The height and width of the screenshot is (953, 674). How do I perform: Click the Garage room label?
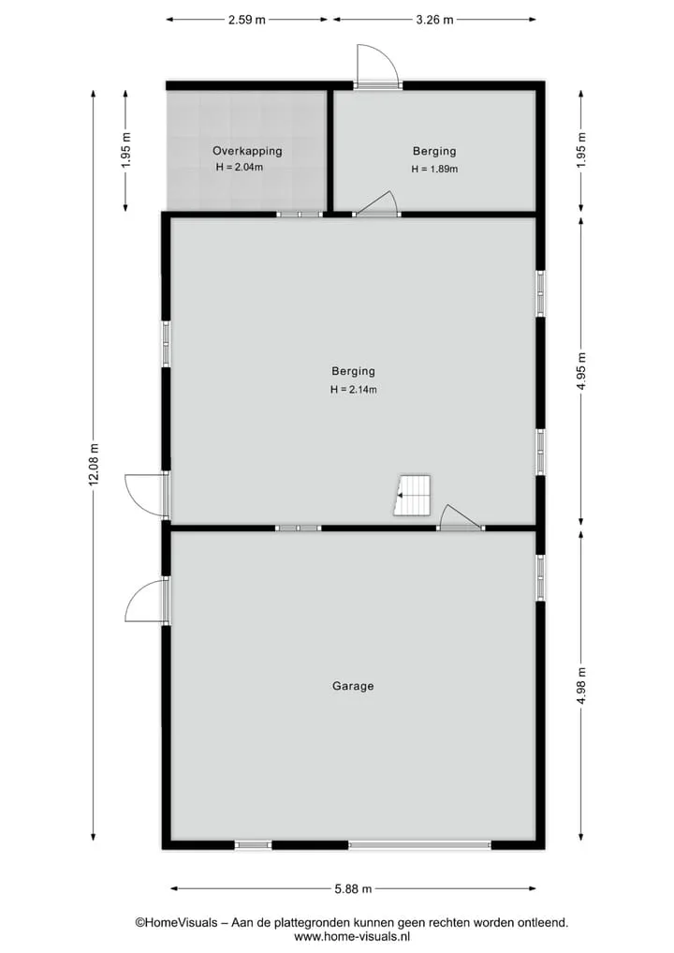[353, 686]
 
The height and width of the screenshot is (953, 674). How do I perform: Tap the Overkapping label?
[247, 151]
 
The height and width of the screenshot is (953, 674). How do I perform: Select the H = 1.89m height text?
[434, 169]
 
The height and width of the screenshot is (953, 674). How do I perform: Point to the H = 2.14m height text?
[354, 390]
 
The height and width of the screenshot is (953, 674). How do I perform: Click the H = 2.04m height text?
[240, 167]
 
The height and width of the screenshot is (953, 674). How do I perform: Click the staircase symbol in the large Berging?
[412, 496]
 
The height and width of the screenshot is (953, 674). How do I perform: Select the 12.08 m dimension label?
[94, 465]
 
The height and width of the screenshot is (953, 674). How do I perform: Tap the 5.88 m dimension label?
[353, 888]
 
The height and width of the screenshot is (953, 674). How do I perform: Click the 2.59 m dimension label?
[246, 20]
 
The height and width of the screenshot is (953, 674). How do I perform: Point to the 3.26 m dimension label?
[434, 20]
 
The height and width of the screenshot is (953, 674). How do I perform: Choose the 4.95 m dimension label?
[581, 372]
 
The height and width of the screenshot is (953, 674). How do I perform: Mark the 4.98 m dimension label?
[581, 686]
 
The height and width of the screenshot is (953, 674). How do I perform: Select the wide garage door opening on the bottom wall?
[419, 845]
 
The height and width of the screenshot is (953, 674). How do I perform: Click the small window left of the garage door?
[253, 845]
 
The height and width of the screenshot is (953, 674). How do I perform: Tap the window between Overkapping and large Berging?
[300, 214]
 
